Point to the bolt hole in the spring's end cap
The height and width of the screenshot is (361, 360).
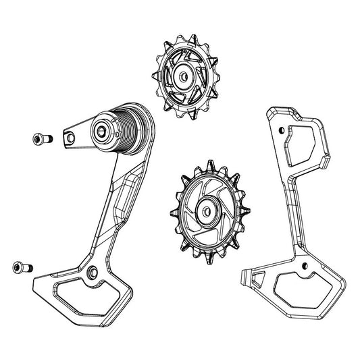point(106,131)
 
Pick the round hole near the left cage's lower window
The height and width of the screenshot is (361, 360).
point(91,273)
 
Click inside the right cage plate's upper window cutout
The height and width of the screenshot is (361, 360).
point(303,141)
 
